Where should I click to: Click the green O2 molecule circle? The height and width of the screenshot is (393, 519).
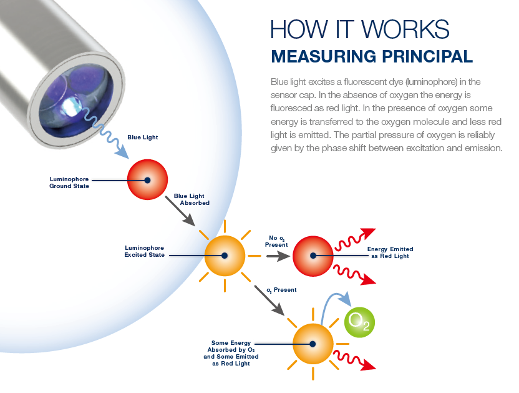[359, 322]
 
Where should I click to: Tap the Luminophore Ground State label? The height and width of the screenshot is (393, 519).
[69, 182]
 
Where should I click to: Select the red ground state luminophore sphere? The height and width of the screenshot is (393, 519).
[147, 179]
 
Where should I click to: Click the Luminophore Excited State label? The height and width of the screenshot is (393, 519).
[144, 251]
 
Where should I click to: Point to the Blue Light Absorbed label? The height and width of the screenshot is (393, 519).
[192, 199]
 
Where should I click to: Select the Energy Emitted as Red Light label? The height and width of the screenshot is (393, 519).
[390, 252]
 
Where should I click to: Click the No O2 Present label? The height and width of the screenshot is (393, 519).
[276, 241]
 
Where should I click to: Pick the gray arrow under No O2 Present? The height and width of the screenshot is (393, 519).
[278, 256]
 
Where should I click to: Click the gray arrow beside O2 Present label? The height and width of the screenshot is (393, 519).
[269, 301]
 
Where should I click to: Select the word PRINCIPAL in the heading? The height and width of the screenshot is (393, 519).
[427, 56]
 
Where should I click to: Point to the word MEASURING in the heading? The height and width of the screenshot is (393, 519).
[323, 56]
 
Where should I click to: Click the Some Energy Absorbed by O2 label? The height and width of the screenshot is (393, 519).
[231, 353]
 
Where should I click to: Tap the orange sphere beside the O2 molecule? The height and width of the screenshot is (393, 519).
[313, 344]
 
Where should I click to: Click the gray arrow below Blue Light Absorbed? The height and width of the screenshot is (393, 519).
[180, 211]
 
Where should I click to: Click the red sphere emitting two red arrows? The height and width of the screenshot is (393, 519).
[313, 256]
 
